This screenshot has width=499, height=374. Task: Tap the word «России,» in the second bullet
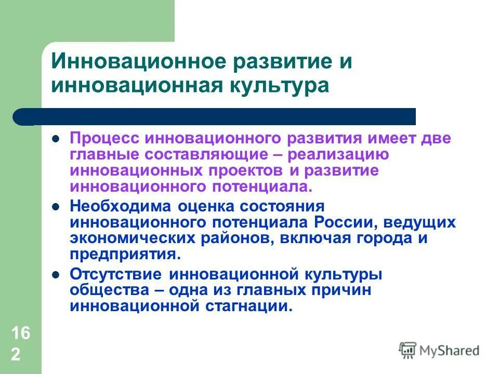coord(347,222)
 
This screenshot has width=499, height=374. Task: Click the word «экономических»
coord(132,238)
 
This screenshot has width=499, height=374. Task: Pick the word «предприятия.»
coord(126,254)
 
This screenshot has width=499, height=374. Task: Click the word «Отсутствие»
coord(114,274)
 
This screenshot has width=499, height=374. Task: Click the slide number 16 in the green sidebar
coord(20,333)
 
